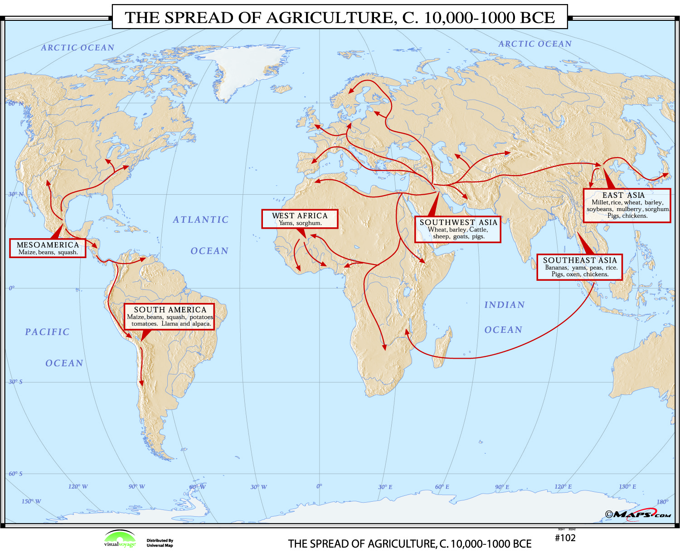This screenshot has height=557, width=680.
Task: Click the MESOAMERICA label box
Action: click(x=48, y=248)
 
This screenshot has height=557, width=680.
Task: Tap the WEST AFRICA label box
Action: click(x=300, y=219)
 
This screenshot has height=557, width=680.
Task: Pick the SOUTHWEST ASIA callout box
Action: click(x=458, y=229)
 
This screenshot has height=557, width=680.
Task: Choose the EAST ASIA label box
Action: click(x=627, y=205)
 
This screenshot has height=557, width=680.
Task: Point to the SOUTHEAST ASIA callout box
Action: click(x=580, y=267)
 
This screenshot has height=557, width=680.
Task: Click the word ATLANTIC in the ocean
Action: click(x=200, y=220)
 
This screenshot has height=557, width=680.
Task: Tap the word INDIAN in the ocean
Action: click(x=504, y=305)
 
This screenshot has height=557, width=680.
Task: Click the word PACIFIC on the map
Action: click(x=47, y=332)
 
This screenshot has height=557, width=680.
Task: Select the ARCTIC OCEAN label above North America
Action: click(x=78, y=48)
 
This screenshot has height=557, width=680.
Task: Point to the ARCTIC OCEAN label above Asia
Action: click(x=535, y=44)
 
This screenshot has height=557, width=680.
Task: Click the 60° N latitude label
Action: click(x=15, y=104)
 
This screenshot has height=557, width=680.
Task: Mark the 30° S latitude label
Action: click(x=15, y=382)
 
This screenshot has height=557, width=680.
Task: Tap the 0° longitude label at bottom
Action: click(x=319, y=486)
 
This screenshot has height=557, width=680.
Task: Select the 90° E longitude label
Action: click(x=502, y=487)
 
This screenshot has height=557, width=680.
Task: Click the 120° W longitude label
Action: click(x=78, y=486)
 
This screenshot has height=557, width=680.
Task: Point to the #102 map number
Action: click(x=565, y=538)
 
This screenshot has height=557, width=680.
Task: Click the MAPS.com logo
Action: click(x=638, y=514)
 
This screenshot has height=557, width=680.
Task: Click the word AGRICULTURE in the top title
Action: click(x=326, y=17)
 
